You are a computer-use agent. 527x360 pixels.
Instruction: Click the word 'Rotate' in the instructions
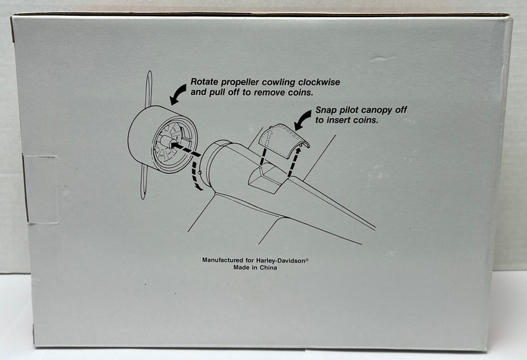click(x=204, y=82)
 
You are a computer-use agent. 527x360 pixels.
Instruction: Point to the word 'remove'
click(x=268, y=92)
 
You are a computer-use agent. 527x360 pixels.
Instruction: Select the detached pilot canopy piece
click(x=284, y=140)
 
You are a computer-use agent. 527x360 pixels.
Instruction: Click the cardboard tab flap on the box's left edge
click(x=40, y=189)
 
